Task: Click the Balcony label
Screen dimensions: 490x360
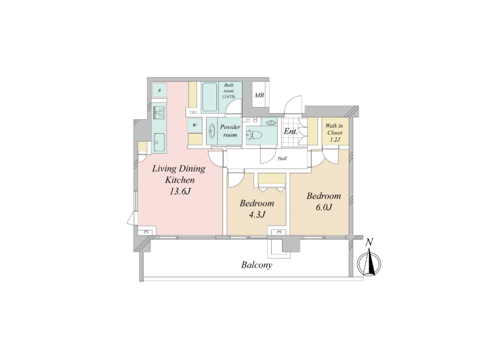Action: tap(257, 265)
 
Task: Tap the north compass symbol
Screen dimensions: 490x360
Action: tap(369, 262)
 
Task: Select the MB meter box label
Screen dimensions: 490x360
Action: tap(259, 95)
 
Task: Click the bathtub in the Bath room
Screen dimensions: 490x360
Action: tap(209, 97)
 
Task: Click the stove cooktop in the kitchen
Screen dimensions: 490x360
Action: tap(159, 112)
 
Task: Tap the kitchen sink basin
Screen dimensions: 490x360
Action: tap(159, 142)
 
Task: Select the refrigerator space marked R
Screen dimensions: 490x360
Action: tap(159, 91)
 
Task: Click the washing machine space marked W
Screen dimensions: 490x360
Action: tap(195, 125)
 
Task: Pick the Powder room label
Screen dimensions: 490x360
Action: tap(230, 131)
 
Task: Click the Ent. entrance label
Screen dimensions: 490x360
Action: tap(291, 131)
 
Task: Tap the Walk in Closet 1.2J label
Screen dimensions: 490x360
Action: tap(334, 133)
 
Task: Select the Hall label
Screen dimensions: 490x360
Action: tap(282, 159)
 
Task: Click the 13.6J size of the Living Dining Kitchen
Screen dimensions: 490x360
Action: tap(181, 191)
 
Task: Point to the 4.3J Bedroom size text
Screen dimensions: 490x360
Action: tap(257, 215)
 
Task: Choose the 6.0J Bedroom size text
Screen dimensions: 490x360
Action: tap(323, 207)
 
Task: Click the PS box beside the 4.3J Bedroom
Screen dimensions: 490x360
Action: tap(279, 232)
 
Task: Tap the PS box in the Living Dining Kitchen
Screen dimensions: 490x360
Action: tap(146, 232)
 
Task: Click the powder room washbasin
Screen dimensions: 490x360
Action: tap(212, 131)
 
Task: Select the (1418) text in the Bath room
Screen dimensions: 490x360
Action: tap(229, 97)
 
